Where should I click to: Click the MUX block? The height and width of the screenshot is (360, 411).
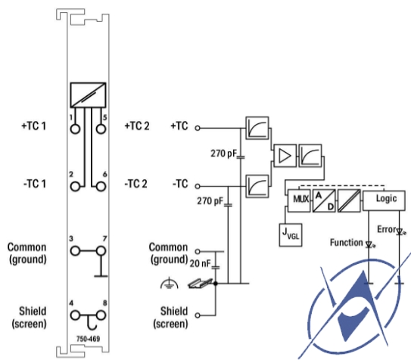(299, 200)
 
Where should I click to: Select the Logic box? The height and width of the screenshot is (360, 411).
(384, 200)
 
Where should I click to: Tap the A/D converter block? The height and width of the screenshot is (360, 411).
(324, 200)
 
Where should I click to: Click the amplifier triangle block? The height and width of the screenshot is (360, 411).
(285, 156)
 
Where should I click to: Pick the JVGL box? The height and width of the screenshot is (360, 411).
(291, 235)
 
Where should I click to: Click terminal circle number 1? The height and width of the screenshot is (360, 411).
(75, 129)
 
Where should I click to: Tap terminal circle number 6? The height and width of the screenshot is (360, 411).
(101, 187)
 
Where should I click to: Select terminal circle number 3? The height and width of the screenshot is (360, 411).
(75, 251)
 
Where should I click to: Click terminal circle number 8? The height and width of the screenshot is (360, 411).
(101, 315)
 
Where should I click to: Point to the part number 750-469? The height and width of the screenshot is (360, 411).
(88, 339)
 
